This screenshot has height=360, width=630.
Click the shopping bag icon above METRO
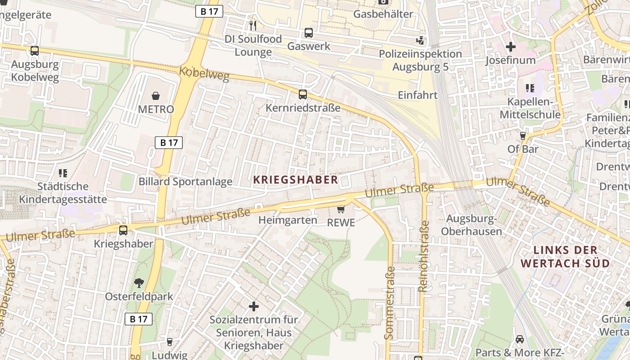coord(156,95)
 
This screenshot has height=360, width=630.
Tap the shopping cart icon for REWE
coord(341,209)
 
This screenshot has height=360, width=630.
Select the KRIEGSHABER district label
coord(296,180)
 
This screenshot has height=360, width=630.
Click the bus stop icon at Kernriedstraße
coord(303,94)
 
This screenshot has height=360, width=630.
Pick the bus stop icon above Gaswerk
coord(309,33)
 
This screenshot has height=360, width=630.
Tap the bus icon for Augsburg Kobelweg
coord(35,51)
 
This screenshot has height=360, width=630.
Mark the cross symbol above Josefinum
coord(511,46)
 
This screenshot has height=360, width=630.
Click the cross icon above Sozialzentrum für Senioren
coord(254,306)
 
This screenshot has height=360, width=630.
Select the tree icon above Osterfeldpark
coord(139,283)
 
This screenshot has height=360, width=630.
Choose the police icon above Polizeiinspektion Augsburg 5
coord(420,40)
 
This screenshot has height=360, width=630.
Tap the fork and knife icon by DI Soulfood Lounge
coord(253,25)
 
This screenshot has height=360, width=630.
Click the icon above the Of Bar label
coord(523,135)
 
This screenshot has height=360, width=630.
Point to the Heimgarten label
coord(288,220)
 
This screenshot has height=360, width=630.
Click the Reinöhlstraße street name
coord(424,256)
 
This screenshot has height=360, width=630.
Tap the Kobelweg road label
coord(204,74)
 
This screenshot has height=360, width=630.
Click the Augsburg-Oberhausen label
coord(472,225)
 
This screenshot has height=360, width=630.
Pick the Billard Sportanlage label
coord(185,182)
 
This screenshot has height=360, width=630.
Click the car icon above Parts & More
coord(520,339)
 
